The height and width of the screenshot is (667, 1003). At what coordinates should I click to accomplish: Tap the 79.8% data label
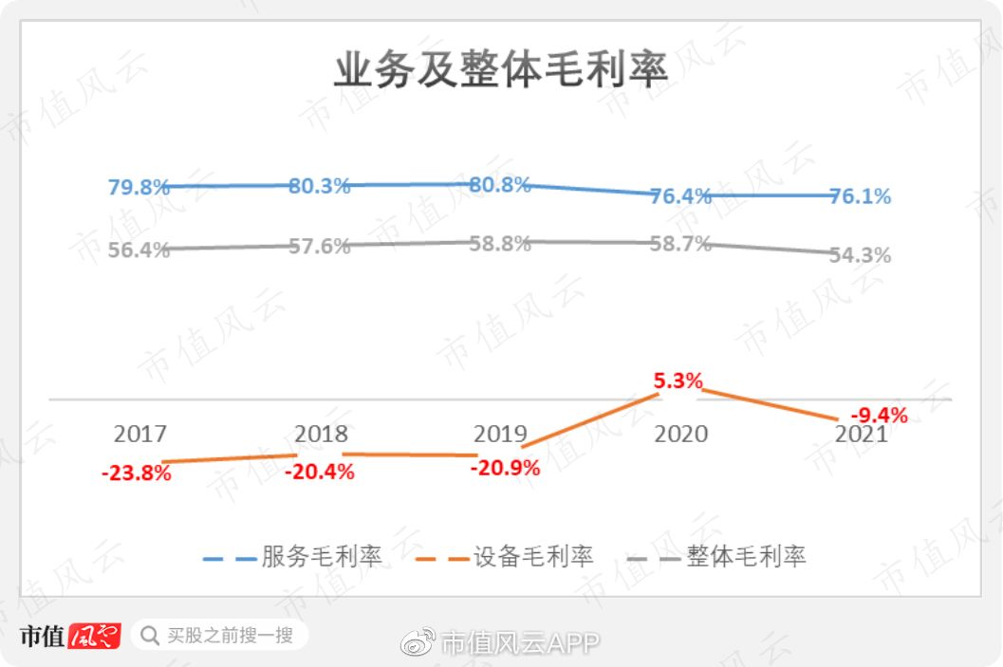[139, 187]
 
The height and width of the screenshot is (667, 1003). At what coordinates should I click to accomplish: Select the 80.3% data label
[319, 185]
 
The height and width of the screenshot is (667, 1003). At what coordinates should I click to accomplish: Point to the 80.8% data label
[499, 184]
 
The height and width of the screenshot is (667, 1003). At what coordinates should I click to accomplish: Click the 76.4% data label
[680, 196]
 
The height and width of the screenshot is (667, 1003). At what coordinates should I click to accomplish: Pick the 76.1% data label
[860, 196]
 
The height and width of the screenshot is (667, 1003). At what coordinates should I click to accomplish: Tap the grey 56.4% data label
[139, 250]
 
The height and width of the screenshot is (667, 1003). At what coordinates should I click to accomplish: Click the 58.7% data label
[680, 244]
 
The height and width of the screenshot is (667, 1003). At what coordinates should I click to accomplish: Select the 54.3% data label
[860, 255]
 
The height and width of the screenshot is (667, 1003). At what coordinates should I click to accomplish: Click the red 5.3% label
[678, 381]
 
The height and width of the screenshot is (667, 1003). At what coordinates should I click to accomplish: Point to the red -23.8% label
[137, 473]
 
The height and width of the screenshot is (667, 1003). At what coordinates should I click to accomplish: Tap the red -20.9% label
[505, 467]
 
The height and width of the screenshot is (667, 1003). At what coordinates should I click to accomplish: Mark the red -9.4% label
[879, 415]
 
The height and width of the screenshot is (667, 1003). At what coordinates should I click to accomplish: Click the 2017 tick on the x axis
[139, 435]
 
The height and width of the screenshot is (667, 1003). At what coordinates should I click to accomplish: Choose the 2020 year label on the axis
[680, 435]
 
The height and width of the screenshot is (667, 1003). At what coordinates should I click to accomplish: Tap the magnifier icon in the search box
[149, 636]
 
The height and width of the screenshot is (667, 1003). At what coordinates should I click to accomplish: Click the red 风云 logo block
[94, 636]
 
